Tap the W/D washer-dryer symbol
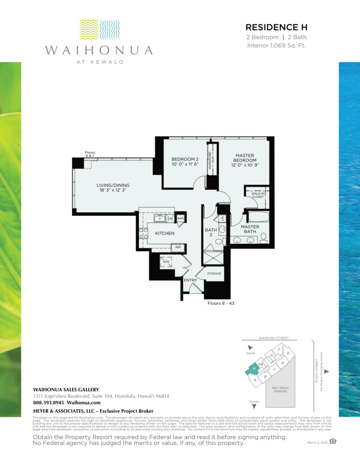[165, 262]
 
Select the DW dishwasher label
[170, 219]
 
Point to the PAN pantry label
[180, 219]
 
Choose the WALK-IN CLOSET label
[258, 196]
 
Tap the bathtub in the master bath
[258, 216]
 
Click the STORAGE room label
[214, 274]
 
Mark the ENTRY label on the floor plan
[190, 280]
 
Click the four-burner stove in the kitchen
[143, 233]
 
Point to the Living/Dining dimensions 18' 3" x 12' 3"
[113, 190]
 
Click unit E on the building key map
[288, 353]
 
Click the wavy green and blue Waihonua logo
[99, 30]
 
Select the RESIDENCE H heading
[276, 27]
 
